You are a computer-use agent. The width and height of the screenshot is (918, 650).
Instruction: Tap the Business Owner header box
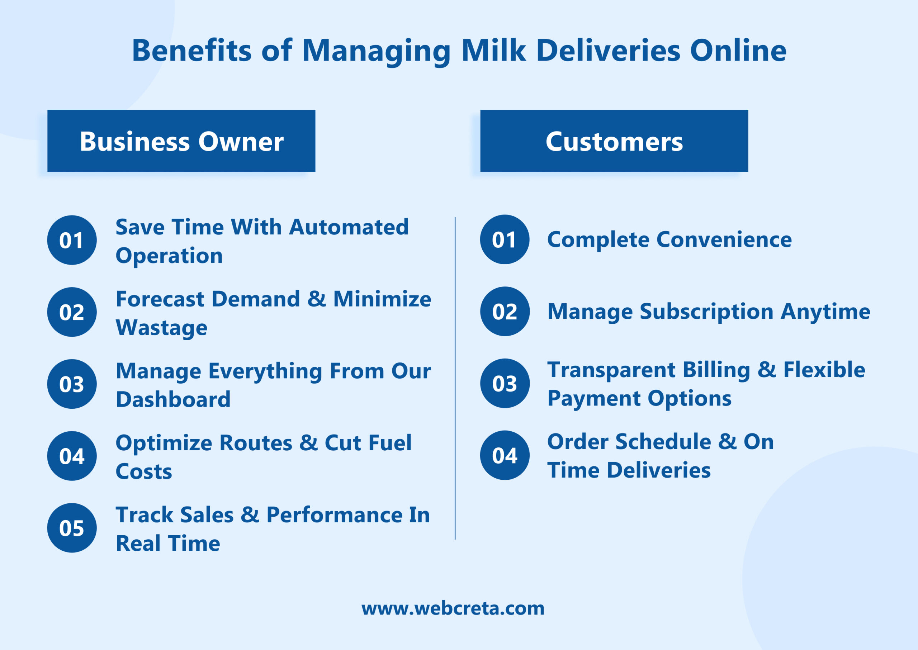pos(181,141)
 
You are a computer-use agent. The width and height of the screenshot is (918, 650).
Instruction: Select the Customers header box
pos(614,141)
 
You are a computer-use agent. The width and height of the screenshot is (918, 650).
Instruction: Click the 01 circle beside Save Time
pos(72,240)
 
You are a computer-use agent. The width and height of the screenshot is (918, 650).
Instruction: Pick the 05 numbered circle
pos(72,528)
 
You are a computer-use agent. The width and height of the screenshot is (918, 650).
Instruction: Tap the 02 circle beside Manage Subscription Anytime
pos(505,312)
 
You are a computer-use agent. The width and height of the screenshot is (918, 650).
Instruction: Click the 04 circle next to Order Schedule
pos(505,455)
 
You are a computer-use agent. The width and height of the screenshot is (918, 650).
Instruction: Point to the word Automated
pos(349,227)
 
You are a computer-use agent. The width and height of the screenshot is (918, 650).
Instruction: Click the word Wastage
pos(161,328)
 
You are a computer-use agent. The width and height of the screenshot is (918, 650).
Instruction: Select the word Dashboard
pos(173,399)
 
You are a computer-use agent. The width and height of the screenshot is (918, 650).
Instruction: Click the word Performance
pos(334,515)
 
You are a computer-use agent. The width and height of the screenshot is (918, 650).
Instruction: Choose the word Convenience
pos(724,239)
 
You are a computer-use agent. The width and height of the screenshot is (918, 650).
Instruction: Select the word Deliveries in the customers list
pos(659,470)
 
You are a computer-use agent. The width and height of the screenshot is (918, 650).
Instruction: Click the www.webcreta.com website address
pos(453,608)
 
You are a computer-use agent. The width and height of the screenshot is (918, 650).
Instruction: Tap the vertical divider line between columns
pos(455,378)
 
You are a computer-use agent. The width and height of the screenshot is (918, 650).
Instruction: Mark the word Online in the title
pos(738,51)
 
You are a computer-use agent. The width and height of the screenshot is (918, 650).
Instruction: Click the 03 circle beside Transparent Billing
pos(505,383)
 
